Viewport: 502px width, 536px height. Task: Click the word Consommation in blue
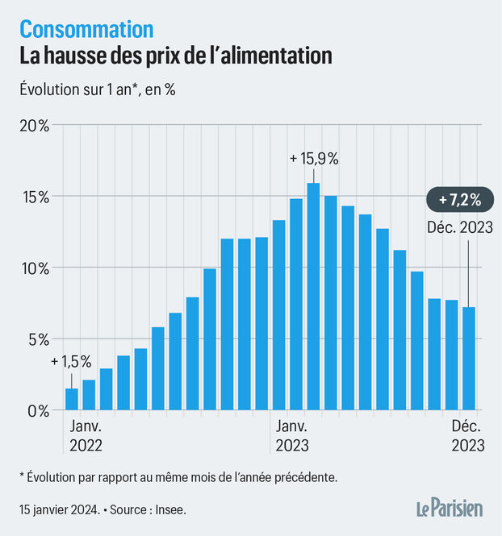point(86,29)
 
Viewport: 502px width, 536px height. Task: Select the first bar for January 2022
point(72,399)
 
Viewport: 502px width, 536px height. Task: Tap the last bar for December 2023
point(469,359)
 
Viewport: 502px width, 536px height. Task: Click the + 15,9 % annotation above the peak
point(313,159)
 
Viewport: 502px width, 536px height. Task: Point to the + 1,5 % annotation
point(71,361)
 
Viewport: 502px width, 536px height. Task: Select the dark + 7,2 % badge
point(454,198)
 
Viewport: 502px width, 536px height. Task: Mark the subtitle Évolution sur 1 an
point(81,89)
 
